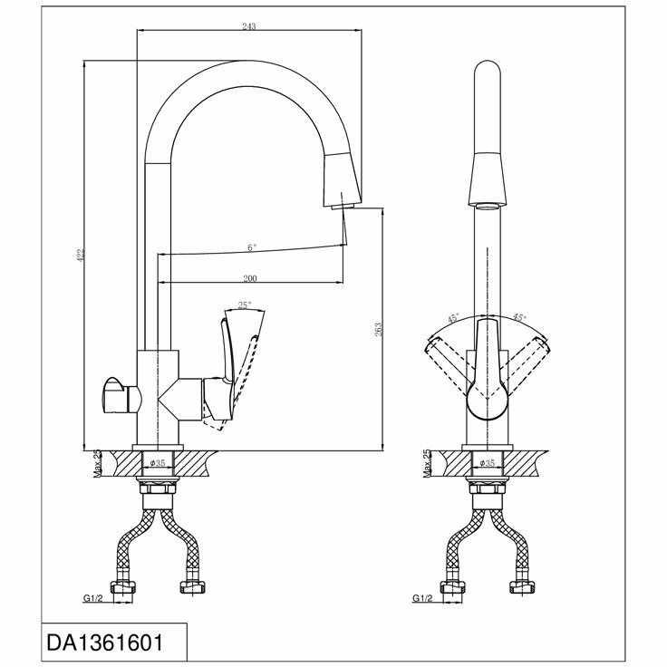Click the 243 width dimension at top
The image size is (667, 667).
[x=251, y=27]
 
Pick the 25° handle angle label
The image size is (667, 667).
[x=244, y=305]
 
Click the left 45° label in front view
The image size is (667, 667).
[x=453, y=318]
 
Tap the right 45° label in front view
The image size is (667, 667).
[x=520, y=318]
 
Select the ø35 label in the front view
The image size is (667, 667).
[x=487, y=463]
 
